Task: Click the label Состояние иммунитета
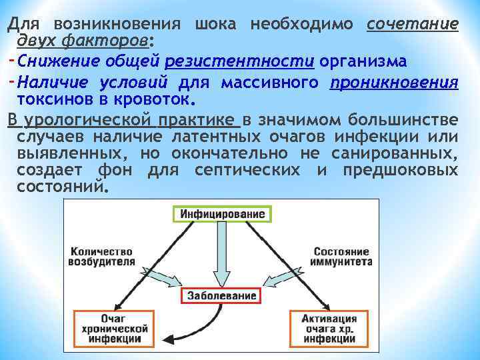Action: [x=341, y=257]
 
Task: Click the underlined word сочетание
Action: [x=412, y=25]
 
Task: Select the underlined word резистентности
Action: [x=239, y=61]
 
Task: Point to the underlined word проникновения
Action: [x=394, y=83]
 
